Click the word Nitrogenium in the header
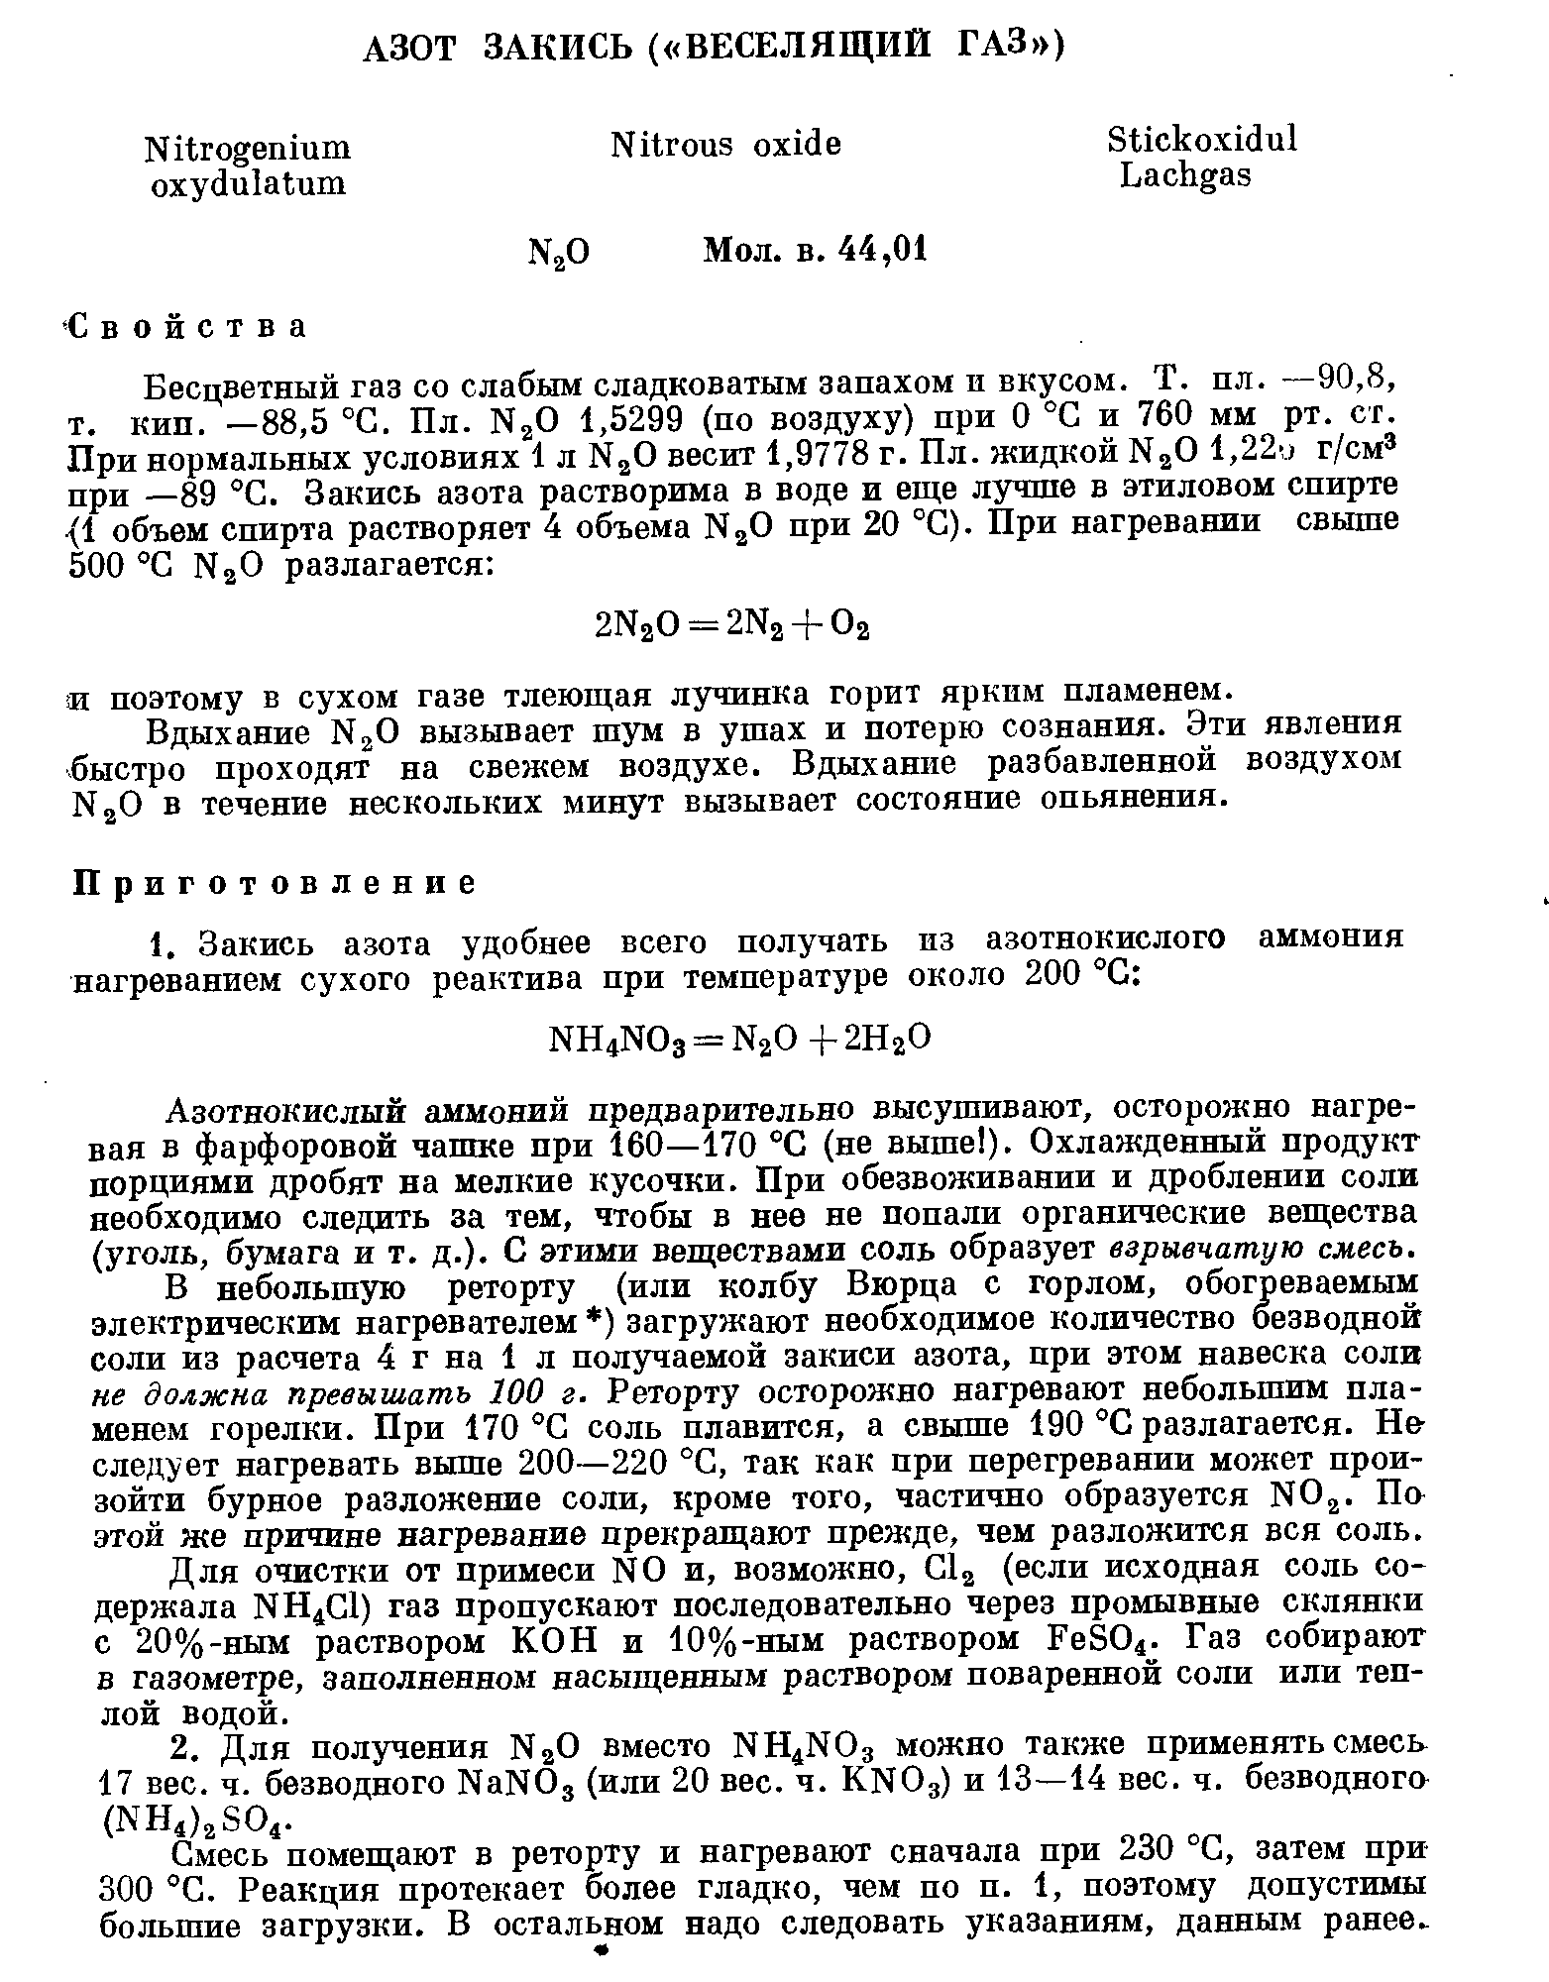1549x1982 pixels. [248, 149]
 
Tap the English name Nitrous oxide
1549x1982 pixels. [725, 145]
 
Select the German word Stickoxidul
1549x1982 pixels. [1201, 140]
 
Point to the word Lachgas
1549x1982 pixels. [1185, 175]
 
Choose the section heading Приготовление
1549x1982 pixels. [277, 882]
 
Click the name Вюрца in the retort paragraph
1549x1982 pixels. [901, 1285]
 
